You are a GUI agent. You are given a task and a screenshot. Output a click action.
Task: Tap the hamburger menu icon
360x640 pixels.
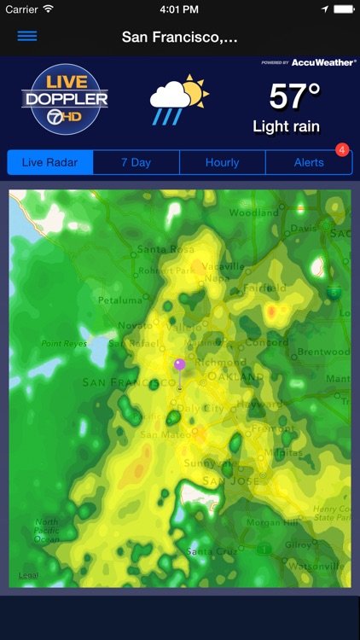[x=27, y=37]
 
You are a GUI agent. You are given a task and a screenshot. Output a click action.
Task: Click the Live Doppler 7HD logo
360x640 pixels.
[x=65, y=99]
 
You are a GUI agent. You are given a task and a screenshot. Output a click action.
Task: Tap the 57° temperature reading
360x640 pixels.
[x=294, y=97]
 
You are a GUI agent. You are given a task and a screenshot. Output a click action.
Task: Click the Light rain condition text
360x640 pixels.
[x=286, y=127]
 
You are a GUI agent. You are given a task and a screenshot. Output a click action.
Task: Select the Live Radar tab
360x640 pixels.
[x=50, y=162]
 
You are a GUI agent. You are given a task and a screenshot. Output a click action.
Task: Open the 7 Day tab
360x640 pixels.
[x=136, y=162]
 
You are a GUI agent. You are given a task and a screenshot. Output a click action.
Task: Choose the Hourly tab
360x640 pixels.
[x=223, y=162]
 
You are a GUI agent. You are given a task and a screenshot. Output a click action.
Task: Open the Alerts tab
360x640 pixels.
[x=308, y=162]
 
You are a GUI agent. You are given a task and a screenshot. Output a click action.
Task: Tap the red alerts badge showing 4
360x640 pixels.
[x=342, y=150]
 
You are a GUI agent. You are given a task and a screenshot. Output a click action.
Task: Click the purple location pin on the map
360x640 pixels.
[x=179, y=365]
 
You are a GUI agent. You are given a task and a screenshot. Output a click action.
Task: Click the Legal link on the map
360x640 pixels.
[x=28, y=575]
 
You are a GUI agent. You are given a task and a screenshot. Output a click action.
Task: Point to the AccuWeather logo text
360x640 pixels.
[x=323, y=62]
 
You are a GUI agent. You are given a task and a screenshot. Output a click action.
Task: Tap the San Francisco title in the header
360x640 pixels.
[x=179, y=37]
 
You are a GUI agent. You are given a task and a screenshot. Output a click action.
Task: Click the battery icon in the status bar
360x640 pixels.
[x=341, y=9]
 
